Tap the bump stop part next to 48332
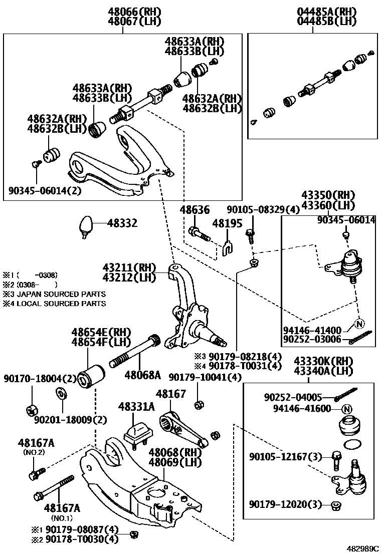pos(87,224)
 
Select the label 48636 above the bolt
pos(195,210)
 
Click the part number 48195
pos(227,223)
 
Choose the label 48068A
pos(143,375)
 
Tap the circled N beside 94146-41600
pos(346,409)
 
